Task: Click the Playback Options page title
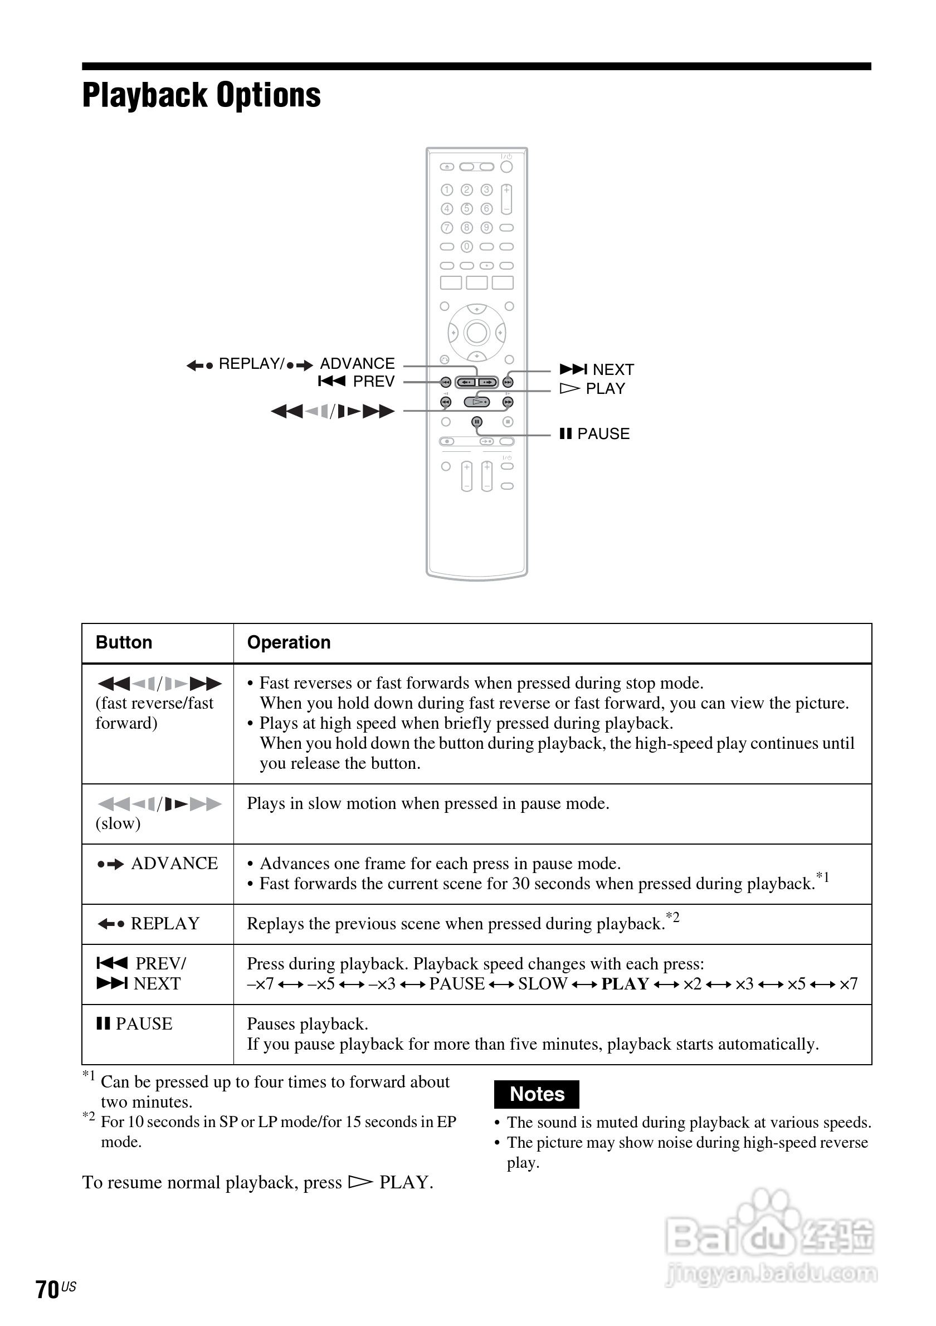point(201,95)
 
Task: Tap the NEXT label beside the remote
point(613,369)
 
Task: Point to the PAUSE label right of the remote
point(603,433)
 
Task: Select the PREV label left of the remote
point(373,381)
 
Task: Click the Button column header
point(124,643)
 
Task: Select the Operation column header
point(289,643)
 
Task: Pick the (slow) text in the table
point(118,823)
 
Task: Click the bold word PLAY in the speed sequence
point(625,983)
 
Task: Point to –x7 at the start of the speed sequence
point(260,983)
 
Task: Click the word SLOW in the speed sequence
point(542,983)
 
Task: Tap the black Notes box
point(537,1094)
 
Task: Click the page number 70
point(47,1289)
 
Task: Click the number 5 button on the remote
point(466,208)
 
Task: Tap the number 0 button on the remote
point(466,247)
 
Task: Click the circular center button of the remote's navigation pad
point(476,333)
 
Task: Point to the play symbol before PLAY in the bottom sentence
point(360,1182)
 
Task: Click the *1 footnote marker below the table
point(89,1075)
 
